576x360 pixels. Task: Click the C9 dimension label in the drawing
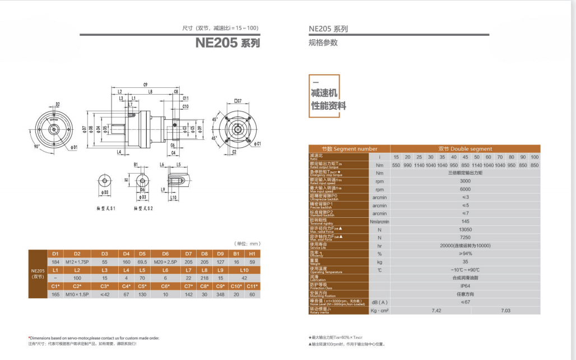coord(145,84)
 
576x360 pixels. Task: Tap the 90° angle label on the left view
coord(37,146)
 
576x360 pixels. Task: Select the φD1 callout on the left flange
coord(74,147)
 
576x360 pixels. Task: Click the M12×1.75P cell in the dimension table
coord(77,262)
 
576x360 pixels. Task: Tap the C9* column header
coord(220,286)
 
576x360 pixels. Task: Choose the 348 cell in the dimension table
coord(220,294)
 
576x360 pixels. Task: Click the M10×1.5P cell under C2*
coord(77,294)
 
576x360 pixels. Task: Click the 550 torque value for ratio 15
coord(396,165)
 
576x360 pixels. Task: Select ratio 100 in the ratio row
coord(535,157)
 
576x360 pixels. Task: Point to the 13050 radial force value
coord(465,230)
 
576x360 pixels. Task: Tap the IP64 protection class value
coord(465,285)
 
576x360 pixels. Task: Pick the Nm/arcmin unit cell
coord(379,222)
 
